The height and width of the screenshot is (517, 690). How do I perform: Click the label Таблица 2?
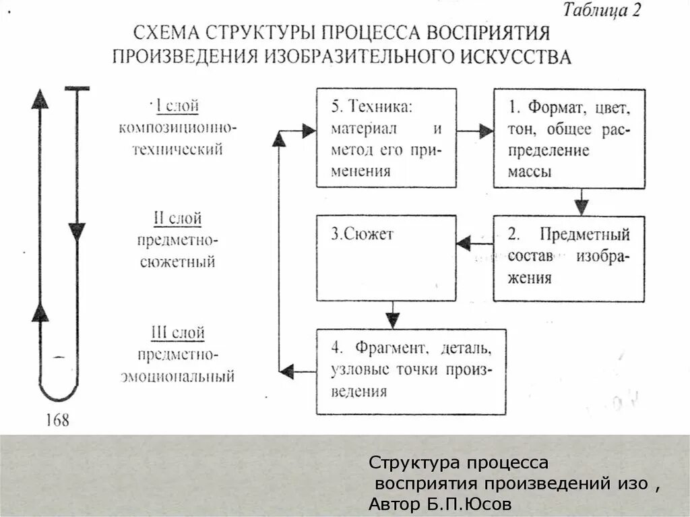coord(602,11)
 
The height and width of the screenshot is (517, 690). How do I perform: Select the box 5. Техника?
coord(387,138)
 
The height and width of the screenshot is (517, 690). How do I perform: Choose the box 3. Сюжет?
coord(387,257)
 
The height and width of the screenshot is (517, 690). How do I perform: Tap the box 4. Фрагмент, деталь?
coord(411,371)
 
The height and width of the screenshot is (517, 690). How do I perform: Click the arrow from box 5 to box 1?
coord(476,131)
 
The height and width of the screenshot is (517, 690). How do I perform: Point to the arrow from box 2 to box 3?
coord(474,243)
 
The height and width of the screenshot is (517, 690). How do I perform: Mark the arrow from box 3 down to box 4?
coord(393,314)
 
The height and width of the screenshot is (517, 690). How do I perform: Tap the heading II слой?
coord(178,218)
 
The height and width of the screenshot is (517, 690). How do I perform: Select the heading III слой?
coord(178,332)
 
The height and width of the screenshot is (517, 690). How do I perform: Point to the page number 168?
coord(57,421)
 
